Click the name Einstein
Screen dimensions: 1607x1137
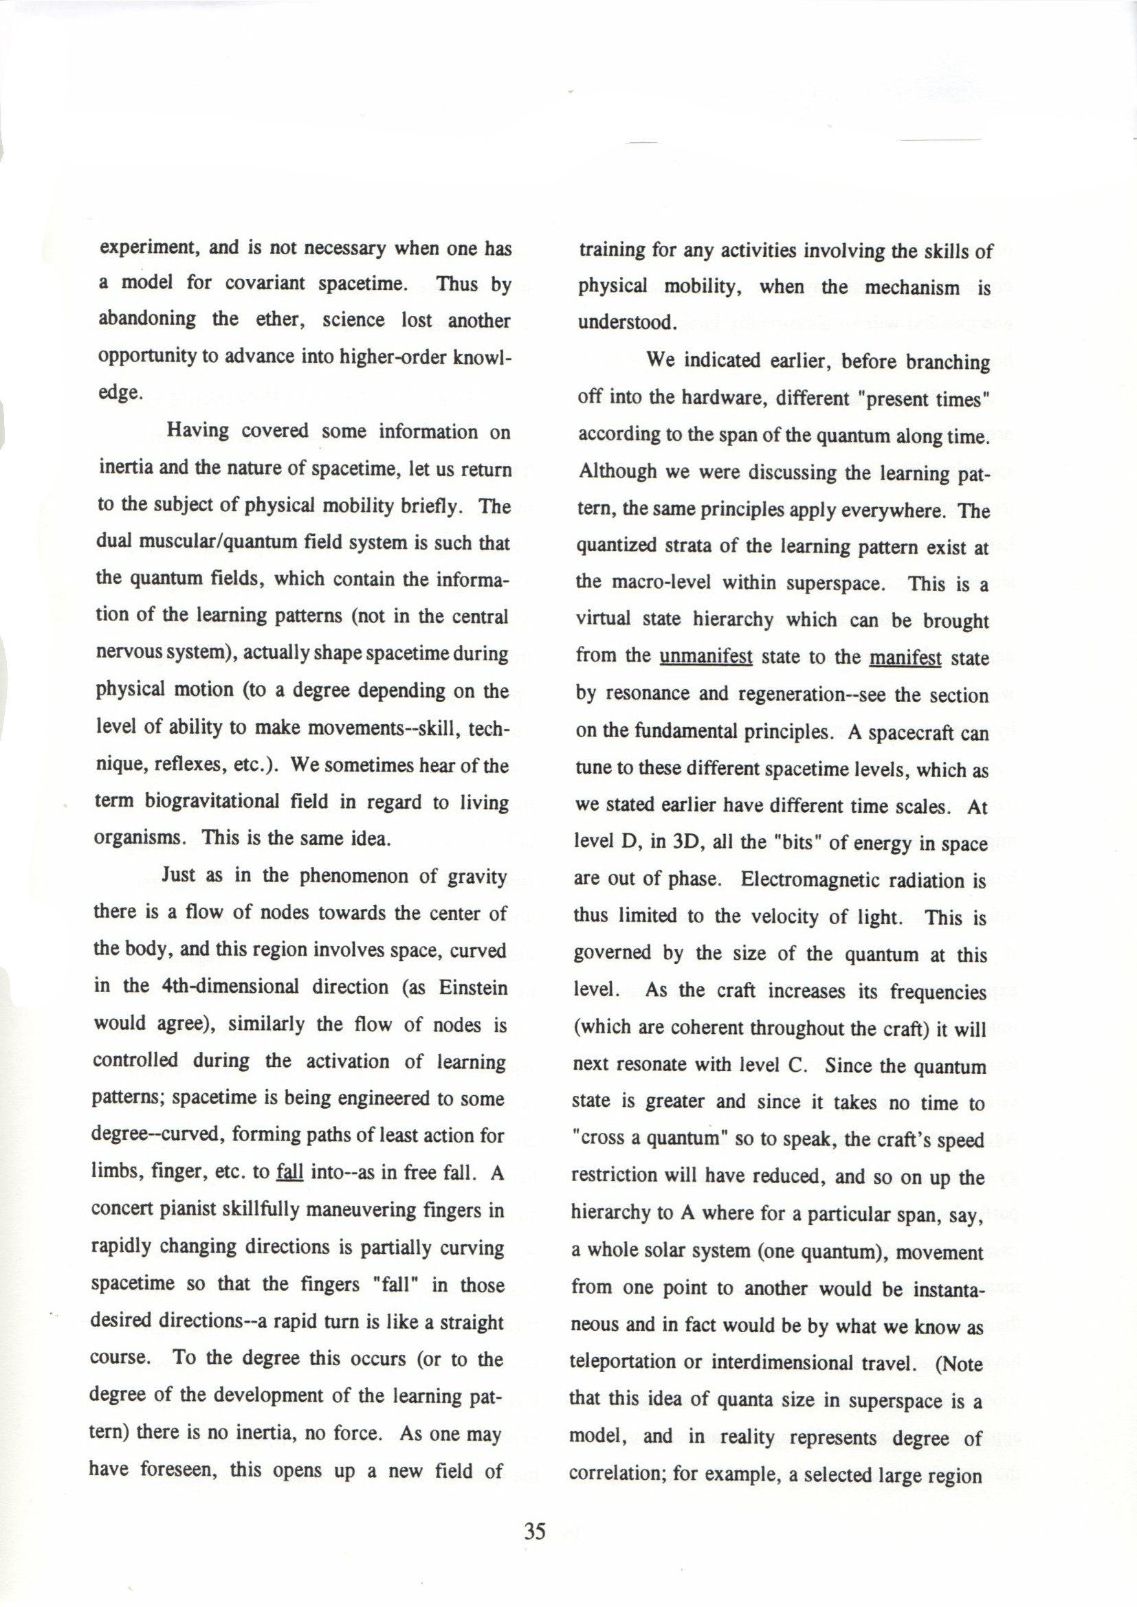point(472,987)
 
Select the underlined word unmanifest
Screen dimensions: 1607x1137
point(706,658)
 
